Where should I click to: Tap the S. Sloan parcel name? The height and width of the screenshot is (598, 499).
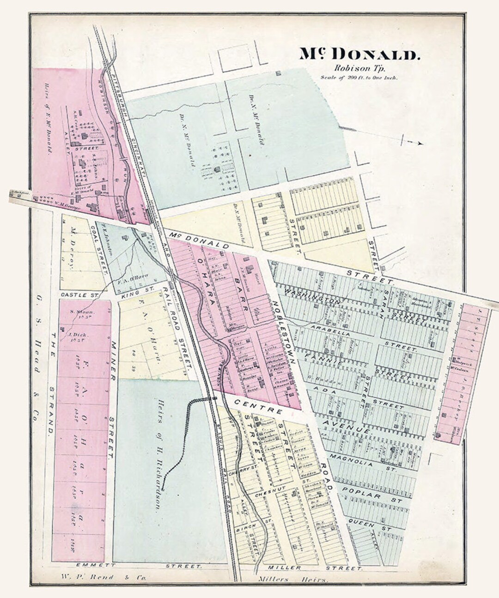point(82,311)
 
